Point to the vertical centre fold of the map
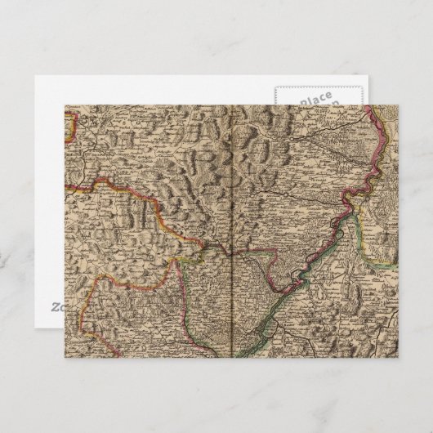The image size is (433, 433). click(234, 229)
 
